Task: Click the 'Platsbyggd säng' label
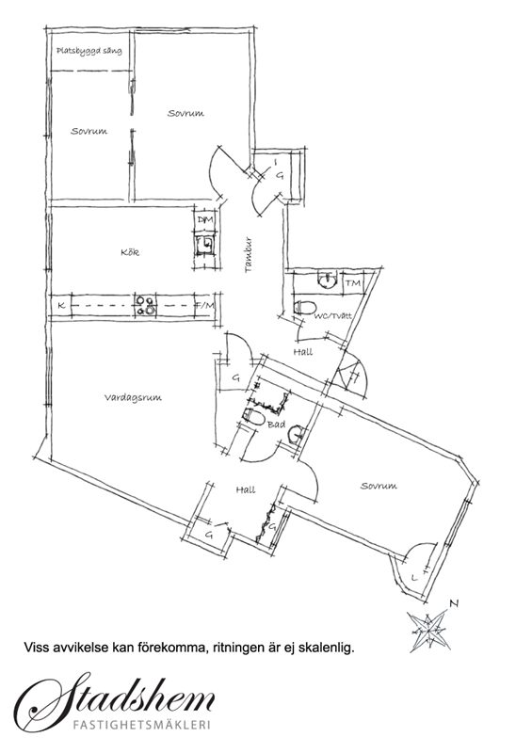coord(89,51)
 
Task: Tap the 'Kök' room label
coord(130,251)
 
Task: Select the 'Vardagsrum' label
coord(133,397)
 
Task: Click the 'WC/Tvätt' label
coord(333,316)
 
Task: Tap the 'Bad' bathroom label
coord(276,425)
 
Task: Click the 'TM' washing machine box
coord(353,283)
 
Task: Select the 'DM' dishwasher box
coord(205,219)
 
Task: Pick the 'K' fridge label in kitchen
coord(61,305)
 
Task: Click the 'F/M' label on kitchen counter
coord(204,305)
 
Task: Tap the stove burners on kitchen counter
coord(145,306)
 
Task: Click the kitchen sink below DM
coord(205,246)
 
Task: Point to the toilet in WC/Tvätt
coord(304,307)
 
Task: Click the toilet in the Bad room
coord(253,417)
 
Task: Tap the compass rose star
coord(429,629)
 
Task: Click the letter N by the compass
coord(453,603)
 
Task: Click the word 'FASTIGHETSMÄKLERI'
coord(142,725)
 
